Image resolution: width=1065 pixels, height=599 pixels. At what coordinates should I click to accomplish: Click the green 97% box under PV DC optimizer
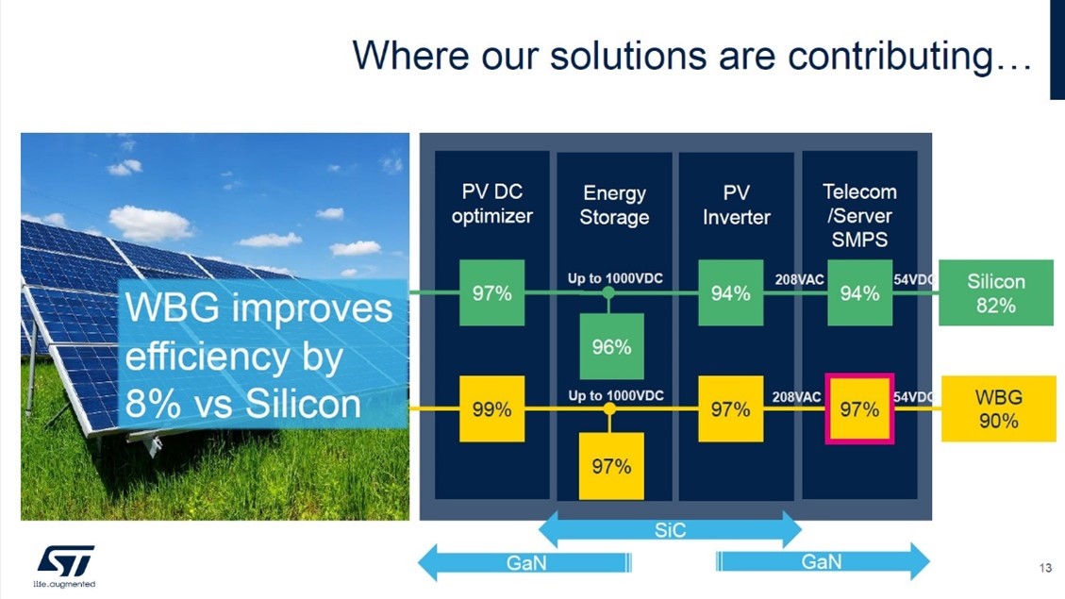[491, 292]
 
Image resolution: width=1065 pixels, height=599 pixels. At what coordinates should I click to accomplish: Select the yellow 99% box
[491, 408]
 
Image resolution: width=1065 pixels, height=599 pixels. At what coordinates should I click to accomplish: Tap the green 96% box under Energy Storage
[611, 346]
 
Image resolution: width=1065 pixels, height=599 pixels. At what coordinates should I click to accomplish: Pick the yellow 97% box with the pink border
[859, 408]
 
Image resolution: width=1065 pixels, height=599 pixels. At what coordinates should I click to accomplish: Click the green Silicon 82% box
[996, 292]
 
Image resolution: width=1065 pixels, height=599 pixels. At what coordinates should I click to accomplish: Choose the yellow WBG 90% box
[998, 408]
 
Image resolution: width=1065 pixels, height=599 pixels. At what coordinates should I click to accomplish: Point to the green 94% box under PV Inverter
[731, 292]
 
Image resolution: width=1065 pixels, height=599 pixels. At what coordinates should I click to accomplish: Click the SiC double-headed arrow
[671, 530]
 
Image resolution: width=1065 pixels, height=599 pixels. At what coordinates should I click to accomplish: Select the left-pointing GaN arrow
[524, 562]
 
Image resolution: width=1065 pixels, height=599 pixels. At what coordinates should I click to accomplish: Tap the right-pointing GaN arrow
[823, 561]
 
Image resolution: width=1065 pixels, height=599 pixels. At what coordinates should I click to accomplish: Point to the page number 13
[1045, 568]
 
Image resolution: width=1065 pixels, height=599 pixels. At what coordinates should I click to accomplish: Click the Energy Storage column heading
[614, 205]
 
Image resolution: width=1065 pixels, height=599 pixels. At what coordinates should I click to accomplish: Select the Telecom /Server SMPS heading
[860, 215]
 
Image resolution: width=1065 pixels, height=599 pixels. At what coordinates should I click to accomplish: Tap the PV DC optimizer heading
[491, 204]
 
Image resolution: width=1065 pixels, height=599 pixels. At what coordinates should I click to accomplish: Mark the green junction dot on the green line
[608, 292]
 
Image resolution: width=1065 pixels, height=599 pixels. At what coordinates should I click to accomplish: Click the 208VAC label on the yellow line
[797, 396]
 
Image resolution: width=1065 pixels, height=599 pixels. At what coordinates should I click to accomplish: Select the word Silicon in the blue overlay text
[302, 404]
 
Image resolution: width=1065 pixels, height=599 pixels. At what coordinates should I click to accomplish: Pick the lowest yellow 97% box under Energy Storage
[611, 467]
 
